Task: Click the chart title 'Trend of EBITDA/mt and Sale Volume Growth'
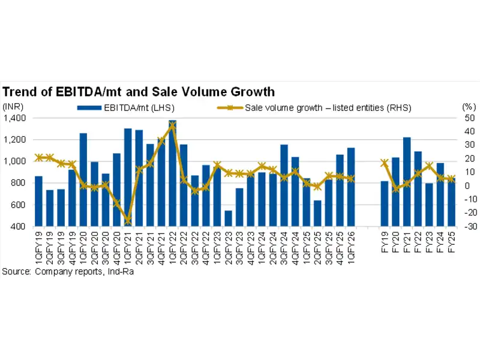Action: tap(139, 92)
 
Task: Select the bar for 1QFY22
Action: tap(172, 174)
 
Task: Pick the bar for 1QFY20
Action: tap(83, 180)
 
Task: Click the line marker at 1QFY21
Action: tap(128, 221)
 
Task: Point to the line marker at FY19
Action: tap(385, 163)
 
